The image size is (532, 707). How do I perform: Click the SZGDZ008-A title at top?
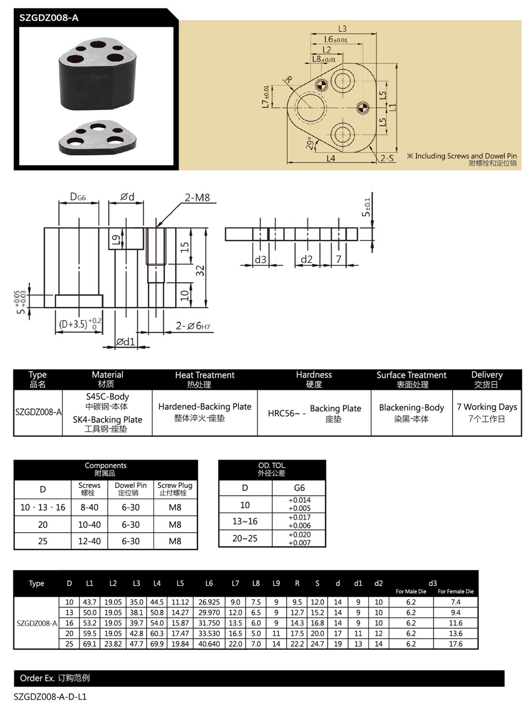click(49, 18)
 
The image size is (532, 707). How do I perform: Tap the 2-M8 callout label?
click(197, 198)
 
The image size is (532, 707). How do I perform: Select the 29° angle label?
click(310, 143)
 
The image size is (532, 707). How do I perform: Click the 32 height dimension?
click(200, 270)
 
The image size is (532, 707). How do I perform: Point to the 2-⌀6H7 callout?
click(193, 326)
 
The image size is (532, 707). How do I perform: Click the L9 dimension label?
click(115, 239)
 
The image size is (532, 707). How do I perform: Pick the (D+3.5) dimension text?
click(73, 324)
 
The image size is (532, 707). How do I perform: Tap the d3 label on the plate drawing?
click(260, 259)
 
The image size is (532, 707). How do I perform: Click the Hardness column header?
click(314, 379)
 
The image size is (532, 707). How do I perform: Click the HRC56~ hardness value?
click(284, 414)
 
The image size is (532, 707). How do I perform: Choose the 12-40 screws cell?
click(89, 541)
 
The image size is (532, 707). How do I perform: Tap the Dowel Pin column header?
click(130, 489)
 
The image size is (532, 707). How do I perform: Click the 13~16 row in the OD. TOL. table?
click(245, 521)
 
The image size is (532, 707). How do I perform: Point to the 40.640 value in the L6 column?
click(209, 644)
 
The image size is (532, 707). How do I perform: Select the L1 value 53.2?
click(89, 623)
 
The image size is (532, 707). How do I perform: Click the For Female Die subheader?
click(455, 591)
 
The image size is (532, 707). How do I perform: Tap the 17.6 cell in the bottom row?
click(455, 644)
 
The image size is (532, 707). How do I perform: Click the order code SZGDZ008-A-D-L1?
click(50, 696)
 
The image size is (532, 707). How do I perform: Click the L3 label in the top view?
click(342, 29)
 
